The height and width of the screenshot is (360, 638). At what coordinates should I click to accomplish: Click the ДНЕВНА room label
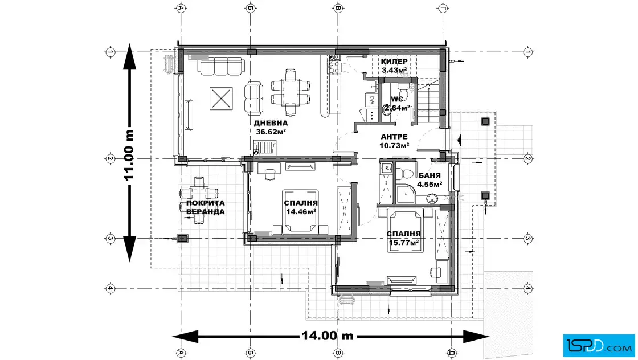click(x=271, y=123)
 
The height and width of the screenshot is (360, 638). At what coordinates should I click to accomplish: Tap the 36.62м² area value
click(x=271, y=132)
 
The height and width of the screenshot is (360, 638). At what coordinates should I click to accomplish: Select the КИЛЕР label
click(x=394, y=62)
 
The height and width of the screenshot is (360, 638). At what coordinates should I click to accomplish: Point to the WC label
click(x=397, y=99)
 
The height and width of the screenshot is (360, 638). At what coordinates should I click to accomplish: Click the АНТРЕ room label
click(x=394, y=137)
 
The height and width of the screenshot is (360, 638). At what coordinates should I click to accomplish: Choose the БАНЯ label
click(x=430, y=176)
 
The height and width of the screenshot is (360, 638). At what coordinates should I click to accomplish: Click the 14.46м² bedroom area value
click(x=301, y=212)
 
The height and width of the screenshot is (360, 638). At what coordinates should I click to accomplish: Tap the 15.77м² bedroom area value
click(x=404, y=243)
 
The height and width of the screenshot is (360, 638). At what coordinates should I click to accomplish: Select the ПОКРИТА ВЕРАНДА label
click(x=205, y=207)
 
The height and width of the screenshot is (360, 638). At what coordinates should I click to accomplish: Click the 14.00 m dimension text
click(x=327, y=336)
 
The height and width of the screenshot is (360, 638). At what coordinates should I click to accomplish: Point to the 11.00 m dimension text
click(x=129, y=155)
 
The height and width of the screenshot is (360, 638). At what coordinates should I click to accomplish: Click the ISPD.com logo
click(x=599, y=346)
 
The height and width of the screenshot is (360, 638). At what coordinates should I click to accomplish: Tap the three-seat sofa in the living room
click(x=222, y=66)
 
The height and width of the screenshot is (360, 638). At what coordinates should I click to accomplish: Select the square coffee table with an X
click(x=221, y=99)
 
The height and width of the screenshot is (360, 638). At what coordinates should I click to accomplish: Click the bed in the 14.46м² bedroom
click(x=301, y=211)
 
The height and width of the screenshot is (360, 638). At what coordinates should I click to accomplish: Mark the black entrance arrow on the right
click(x=459, y=140)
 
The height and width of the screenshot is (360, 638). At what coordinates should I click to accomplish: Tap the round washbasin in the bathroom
click(x=432, y=198)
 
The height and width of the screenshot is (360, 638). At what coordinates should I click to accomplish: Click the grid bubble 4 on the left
click(x=110, y=288)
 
